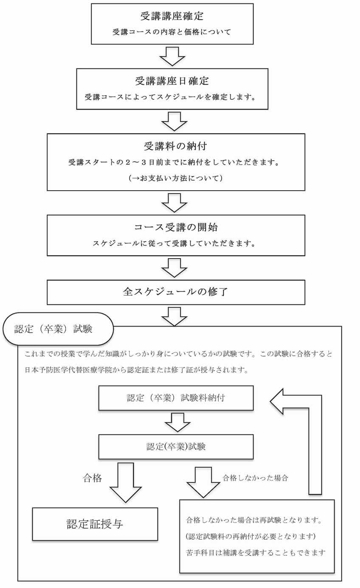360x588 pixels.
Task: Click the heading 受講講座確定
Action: click(x=172, y=16)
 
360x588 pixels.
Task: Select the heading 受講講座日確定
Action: click(x=172, y=81)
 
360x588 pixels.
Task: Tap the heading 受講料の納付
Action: click(x=175, y=146)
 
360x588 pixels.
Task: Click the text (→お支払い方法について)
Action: click(x=176, y=178)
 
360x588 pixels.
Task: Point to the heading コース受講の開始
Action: click(x=176, y=227)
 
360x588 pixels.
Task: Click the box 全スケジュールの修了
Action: click(x=176, y=292)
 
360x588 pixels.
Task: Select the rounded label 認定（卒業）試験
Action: click(x=58, y=329)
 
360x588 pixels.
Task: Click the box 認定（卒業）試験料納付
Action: click(x=176, y=398)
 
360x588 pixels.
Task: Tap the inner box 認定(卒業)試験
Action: click(x=176, y=447)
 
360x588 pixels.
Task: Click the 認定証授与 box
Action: click(x=95, y=524)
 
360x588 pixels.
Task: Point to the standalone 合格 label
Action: click(x=92, y=478)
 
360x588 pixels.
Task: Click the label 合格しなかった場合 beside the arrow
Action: click(x=255, y=478)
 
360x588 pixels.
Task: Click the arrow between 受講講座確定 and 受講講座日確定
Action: click(x=172, y=56)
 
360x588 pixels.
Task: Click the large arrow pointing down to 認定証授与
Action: click(x=126, y=482)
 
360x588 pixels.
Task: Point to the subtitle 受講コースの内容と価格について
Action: click(x=172, y=32)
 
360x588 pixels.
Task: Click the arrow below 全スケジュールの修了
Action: click(x=174, y=317)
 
